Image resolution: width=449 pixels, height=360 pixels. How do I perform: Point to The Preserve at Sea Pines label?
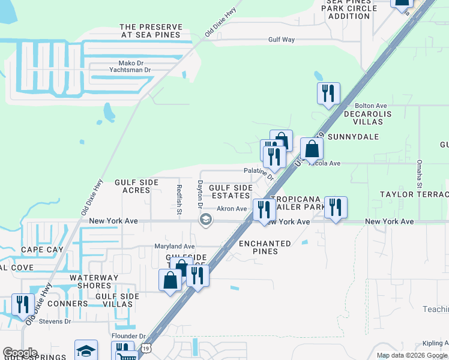(150, 31)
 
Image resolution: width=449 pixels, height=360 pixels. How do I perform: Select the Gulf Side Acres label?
(136, 186)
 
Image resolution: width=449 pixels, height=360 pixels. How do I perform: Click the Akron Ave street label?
(232, 209)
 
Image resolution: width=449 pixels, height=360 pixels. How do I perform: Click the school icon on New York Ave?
(205, 220)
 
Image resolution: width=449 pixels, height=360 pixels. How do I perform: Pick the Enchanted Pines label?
(265, 247)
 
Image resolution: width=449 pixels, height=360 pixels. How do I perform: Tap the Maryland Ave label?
(175, 247)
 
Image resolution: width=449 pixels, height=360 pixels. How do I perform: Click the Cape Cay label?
(38, 250)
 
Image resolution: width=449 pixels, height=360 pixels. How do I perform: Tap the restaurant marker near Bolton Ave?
(328, 94)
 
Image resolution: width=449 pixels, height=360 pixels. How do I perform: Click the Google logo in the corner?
(20, 353)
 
